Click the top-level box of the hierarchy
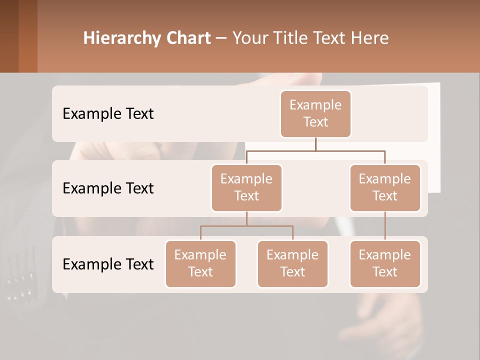(x=315, y=113)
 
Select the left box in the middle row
(x=246, y=187)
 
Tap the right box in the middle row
(x=385, y=187)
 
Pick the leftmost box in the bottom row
(x=200, y=263)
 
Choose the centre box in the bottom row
(x=292, y=263)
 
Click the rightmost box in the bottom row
(x=385, y=263)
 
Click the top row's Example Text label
(x=108, y=113)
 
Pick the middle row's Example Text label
(x=108, y=188)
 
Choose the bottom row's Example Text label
(x=108, y=264)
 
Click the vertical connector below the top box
(x=315, y=144)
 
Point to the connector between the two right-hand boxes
(x=385, y=226)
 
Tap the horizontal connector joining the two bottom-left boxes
(x=246, y=226)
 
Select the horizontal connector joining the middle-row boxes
(x=315, y=150)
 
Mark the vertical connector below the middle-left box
(x=246, y=218)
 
